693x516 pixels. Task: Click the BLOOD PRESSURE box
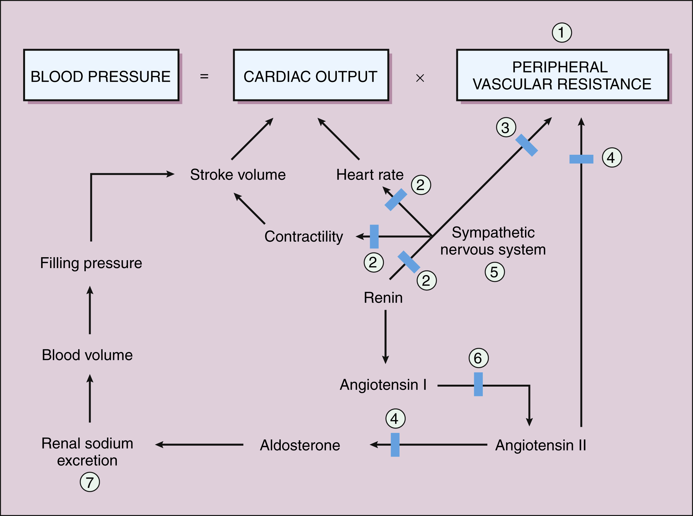point(101,75)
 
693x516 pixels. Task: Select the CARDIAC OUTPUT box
point(311,75)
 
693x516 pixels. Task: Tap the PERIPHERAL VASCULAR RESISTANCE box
point(563,75)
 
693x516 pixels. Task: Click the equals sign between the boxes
point(204,76)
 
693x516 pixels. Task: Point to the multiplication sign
point(420,78)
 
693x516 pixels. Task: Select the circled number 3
point(506,128)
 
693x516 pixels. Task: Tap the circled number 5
point(494,272)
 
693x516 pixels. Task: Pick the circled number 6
point(478,358)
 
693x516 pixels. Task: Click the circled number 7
point(90,482)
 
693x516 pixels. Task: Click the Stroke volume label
point(238,175)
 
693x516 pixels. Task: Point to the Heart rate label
point(370,175)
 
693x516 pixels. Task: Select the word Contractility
point(303,236)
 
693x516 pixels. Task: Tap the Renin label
point(383,298)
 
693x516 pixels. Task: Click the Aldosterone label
point(300,445)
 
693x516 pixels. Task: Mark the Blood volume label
point(87,355)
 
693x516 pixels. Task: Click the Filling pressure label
point(91,263)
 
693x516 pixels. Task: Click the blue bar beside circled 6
point(478,384)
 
